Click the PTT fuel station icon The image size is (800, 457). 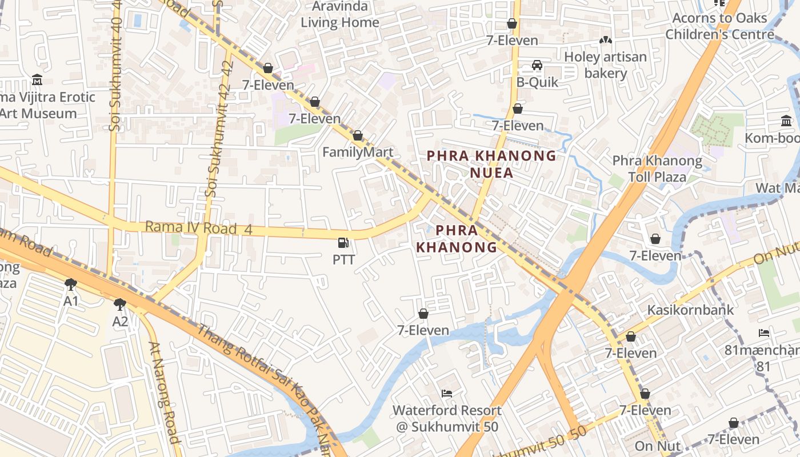click(343, 243)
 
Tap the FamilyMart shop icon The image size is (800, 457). click(358, 136)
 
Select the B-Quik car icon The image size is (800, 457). click(537, 65)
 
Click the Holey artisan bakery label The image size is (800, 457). click(606, 65)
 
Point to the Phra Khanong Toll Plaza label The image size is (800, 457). click(657, 169)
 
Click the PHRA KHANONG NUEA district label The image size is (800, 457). click(491, 163)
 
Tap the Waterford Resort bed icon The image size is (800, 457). click(447, 393)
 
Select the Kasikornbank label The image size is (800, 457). click(690, 310)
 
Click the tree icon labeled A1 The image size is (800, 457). click(71, 284)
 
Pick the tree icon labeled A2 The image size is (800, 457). click(119, 304)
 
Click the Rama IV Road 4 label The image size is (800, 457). click(198, 228)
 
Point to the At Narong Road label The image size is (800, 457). click(165, 392)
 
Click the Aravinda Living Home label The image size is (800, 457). click(341, 15)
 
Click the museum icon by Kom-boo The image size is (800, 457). click(786, 121)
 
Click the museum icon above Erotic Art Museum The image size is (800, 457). click(38, 79)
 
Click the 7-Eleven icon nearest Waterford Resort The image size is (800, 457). click(423, 314)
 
